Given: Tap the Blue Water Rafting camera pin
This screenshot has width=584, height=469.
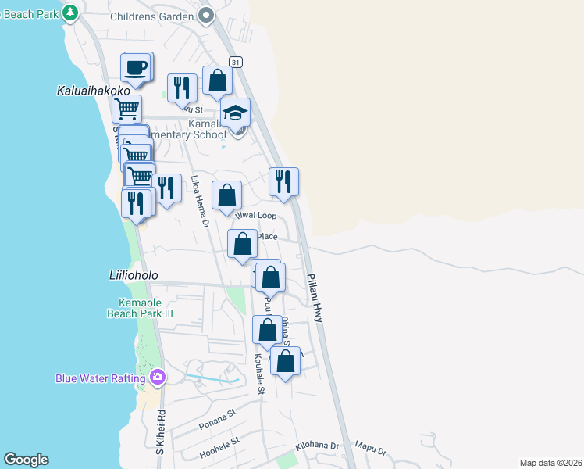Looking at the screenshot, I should click(x=158, y=378).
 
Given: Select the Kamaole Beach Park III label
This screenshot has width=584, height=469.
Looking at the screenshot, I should click(x=140, y=308).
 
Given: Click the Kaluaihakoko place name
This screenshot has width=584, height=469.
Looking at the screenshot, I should click(x=94, y=91).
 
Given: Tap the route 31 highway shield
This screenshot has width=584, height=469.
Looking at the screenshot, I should click(x=235, y=62).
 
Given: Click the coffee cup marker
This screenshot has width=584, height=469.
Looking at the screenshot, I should click(x=136, y=67).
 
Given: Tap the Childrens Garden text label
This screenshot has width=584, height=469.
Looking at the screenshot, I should click(x=151, y=16).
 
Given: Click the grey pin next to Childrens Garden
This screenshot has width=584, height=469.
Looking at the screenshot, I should click(x=206, y=15).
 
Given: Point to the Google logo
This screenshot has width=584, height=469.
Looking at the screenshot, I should click(x=26, y=460).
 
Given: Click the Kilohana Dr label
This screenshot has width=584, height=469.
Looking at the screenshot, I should click(x=317, y=446).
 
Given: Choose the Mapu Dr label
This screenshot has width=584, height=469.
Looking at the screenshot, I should click(x=371, y=449).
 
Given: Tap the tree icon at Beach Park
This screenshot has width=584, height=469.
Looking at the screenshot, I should click(x=70, y=13).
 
